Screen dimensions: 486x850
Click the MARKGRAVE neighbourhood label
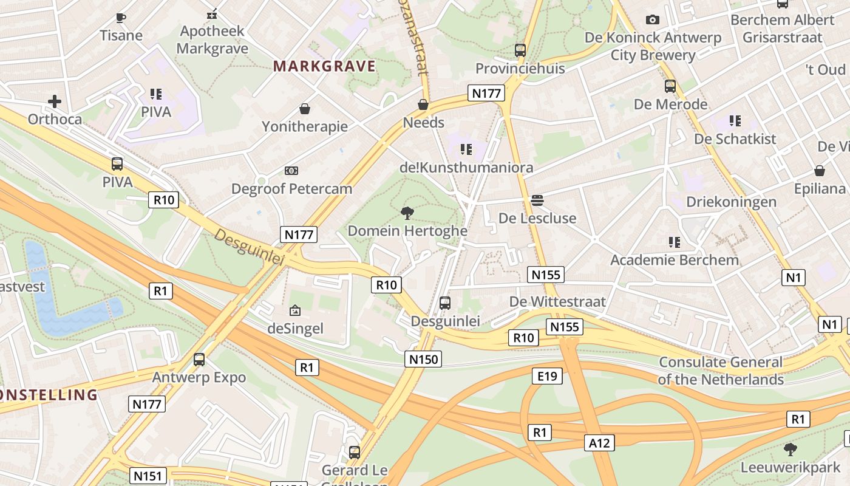[325, 66]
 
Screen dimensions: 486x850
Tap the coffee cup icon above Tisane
[121, 18]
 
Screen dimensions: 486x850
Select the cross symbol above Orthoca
[55, 101]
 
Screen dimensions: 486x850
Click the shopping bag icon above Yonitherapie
[305, 109]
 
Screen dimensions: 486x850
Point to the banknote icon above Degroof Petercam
[291, 171]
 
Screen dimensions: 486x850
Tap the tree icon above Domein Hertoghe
[407, 213]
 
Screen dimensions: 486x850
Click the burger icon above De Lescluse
[537, 200]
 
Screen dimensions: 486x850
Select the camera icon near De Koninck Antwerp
[653, 19]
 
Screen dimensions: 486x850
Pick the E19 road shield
[547, 376]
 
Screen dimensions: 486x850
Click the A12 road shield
[599, 443]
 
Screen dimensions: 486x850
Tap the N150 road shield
[423, 359]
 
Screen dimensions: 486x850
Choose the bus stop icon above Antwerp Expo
[199, 359]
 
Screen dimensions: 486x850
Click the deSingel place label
[296, 329]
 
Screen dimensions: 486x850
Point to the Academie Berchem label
[675, 260]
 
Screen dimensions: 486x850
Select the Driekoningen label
[731, 202]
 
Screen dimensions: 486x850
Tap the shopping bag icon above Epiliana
[820, 171]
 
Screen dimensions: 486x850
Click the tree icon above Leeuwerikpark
[790, 450]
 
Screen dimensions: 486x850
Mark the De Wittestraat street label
[557, 301]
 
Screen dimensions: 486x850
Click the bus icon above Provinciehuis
[520, 50]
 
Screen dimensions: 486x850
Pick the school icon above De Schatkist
[735, 121]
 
